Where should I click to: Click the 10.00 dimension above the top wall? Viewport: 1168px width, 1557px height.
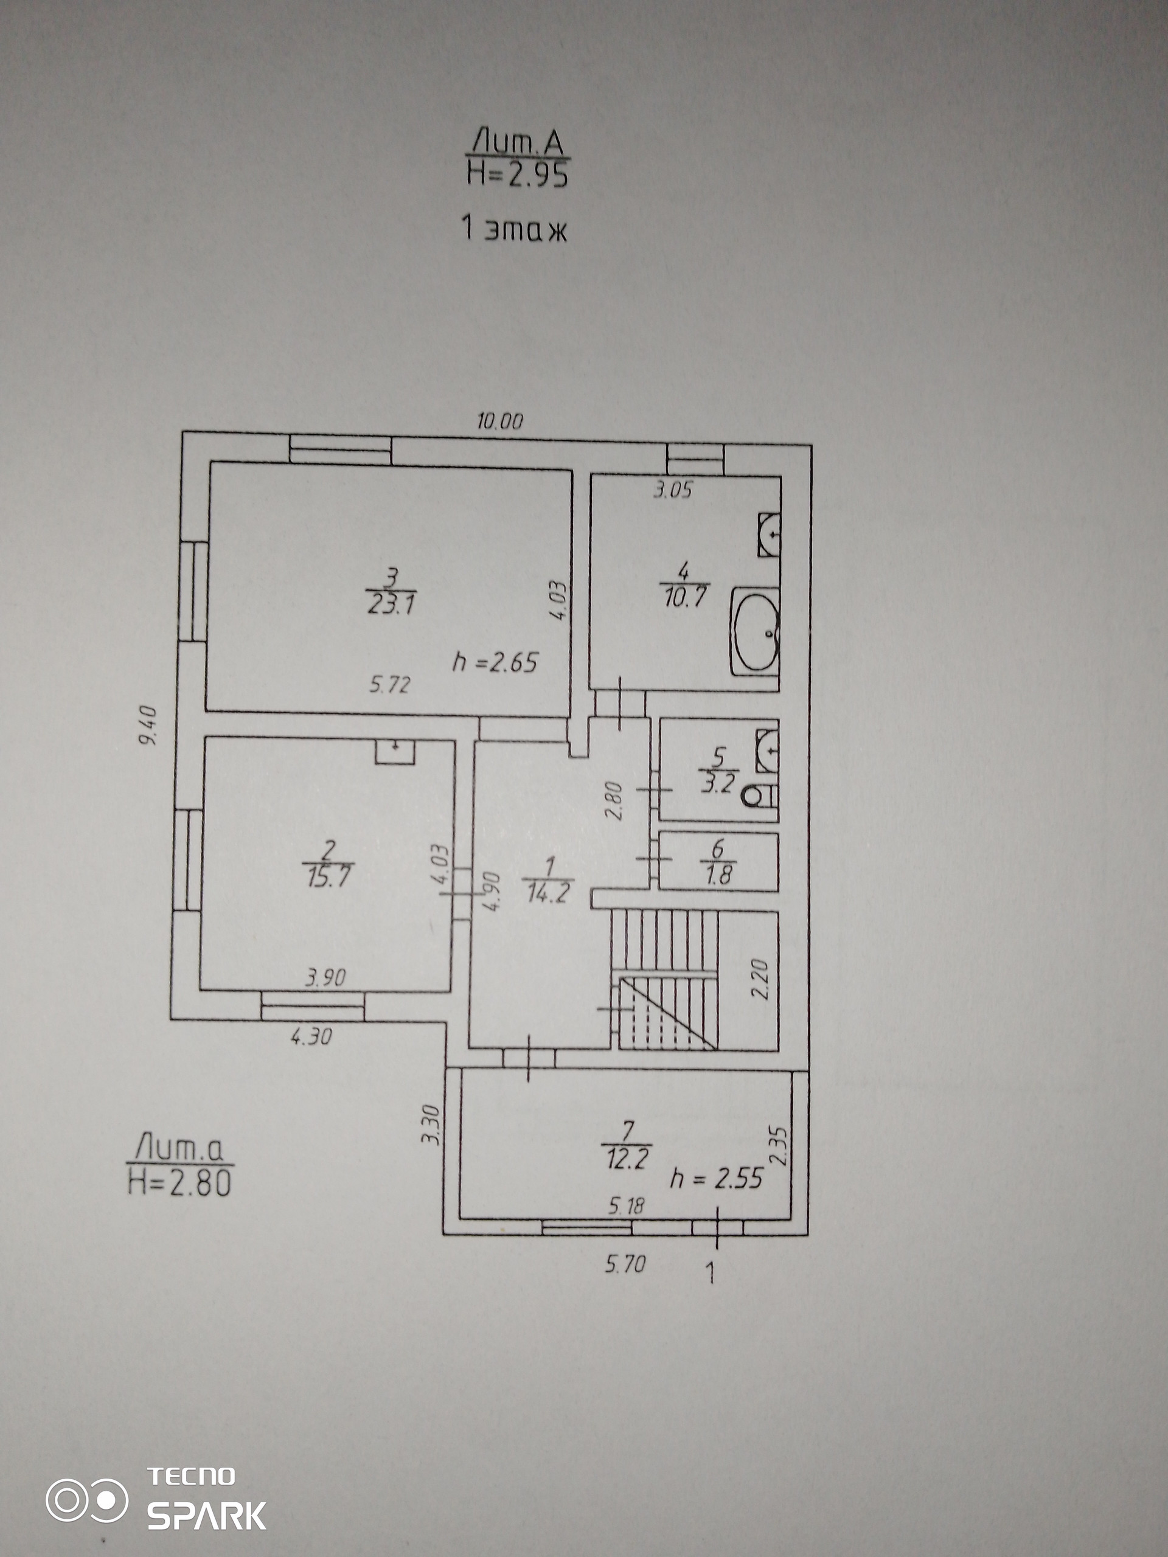(500, 421)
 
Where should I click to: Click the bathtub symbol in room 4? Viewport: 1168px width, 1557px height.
(755, 631)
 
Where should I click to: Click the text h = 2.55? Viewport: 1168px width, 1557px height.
(717, 1177)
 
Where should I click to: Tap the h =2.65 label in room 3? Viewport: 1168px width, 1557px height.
(496, 662)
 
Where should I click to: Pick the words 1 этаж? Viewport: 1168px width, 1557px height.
(514, 229)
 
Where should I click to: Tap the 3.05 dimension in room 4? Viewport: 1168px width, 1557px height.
(673, 490)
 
